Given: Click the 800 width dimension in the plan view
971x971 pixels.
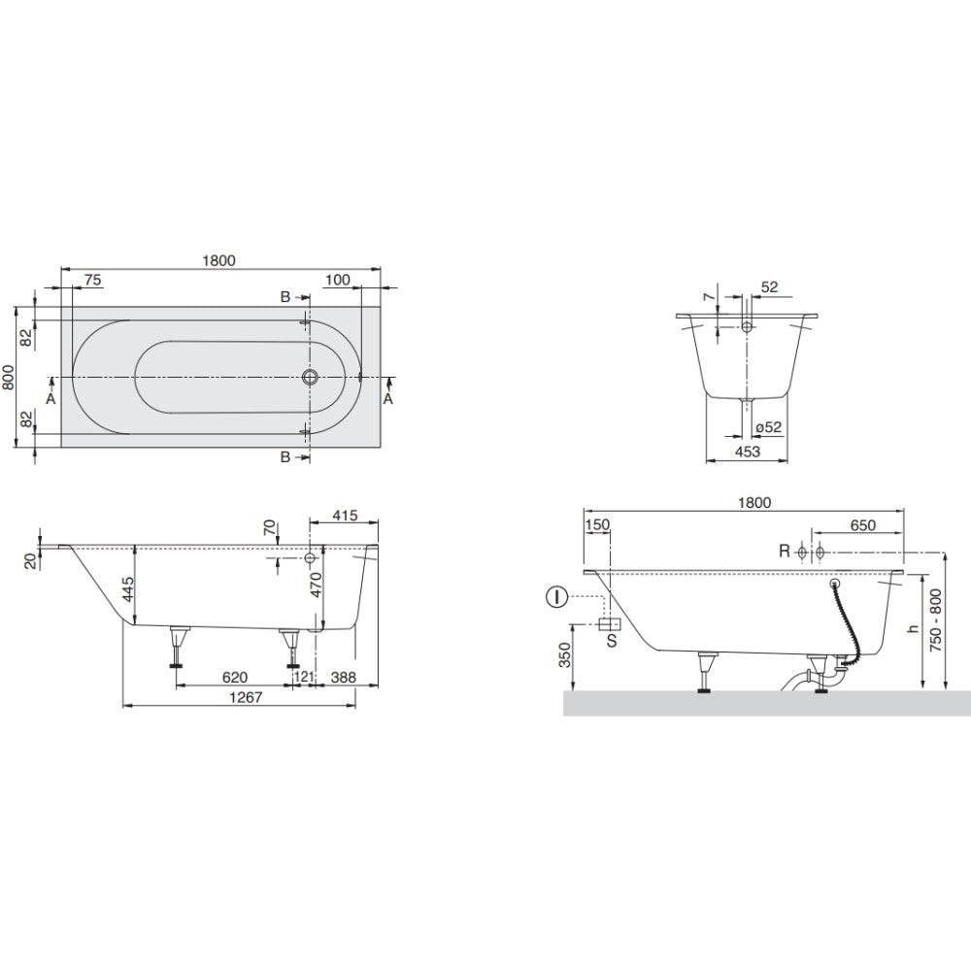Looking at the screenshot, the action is click(8, 377).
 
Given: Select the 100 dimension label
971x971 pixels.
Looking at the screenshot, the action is click(338, 280).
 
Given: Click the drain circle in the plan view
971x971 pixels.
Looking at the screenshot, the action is click(311, 377).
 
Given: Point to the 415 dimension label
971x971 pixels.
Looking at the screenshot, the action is click(345, 516).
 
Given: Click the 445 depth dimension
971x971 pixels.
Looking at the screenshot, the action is click(127, 589).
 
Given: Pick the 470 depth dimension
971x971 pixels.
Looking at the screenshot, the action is click(316, 586).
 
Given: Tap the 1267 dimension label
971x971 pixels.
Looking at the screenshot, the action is click(246, 697).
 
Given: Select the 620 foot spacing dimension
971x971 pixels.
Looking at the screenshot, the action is click(235, 678).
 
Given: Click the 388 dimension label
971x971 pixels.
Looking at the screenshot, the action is click(343, 678).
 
